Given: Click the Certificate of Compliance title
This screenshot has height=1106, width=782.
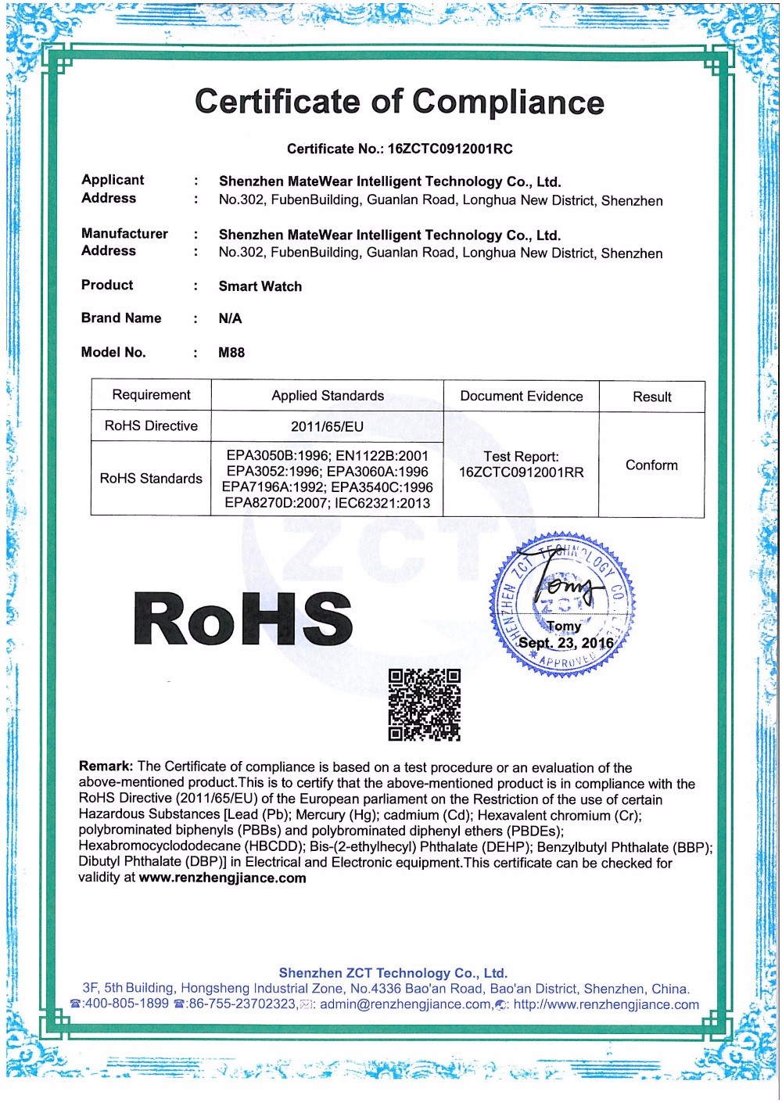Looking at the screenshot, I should (x=399, y=102).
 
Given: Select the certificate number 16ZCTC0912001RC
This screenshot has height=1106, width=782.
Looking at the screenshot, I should (x=450, y=149).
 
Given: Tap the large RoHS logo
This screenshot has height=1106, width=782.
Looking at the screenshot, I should (x=243, y=619).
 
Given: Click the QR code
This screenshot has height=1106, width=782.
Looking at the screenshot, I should (x=425, y=704).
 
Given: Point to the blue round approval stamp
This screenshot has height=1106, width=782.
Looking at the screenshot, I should (x=563, y=604).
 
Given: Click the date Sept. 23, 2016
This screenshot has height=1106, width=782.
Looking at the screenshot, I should (x=566, y=643).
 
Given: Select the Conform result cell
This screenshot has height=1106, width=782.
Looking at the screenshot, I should (x=651, y=465).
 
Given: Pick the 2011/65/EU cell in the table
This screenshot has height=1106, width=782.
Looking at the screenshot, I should (x=327, y=426).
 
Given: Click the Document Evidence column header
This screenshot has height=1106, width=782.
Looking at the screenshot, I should (x=522, y=397).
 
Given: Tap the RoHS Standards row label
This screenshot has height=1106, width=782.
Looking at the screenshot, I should (x=151, y=478).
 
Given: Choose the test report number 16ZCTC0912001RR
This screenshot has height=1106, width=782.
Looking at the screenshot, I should (x=522, y=472).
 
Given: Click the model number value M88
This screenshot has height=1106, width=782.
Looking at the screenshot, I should (x=231, y=353).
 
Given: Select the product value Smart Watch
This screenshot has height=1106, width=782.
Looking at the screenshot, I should (x=260, y=286).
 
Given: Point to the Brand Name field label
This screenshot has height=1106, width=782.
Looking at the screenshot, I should (x=121, y=318).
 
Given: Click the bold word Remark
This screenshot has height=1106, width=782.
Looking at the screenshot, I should (x=106, y=767).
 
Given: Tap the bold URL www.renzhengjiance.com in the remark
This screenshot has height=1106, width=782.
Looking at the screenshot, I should (x=223, y=878).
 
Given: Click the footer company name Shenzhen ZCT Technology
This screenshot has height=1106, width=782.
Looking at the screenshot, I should (x=393, y=973).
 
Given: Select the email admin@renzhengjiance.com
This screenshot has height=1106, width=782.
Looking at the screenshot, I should (x=406, y=1004).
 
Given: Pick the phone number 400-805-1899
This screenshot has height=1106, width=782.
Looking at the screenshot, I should (x=125, y=1004).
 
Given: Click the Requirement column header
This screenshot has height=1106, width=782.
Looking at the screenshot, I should (x=151, y=395).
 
